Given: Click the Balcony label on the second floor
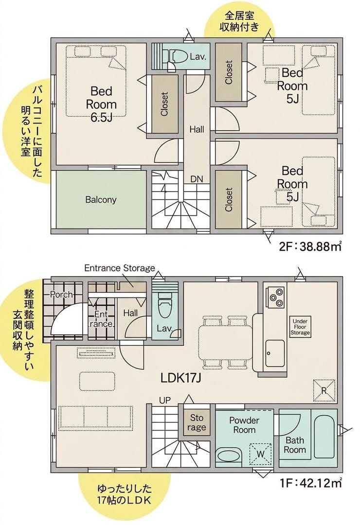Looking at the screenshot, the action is coord(101,200).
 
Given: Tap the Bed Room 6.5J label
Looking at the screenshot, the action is coord(101,104).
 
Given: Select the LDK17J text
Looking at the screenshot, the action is coord(180,378).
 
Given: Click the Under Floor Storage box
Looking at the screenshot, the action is coord(300,327).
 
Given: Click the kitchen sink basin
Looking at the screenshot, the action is coord(275,353).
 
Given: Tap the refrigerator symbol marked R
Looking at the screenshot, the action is coord(324,390).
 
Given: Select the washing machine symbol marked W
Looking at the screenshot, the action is coord(260,454).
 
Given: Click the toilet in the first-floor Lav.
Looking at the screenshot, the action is coord(164,308).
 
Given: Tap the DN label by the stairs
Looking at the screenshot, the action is coord(197,179).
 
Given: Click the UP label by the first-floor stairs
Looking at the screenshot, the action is coord(165,400).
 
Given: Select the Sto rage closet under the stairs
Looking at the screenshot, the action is coord(197,422).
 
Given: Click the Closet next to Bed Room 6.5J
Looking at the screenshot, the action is coord(164,104).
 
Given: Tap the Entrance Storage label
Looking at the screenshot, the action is coord(120,268).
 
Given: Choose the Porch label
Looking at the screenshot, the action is coord(61,295).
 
